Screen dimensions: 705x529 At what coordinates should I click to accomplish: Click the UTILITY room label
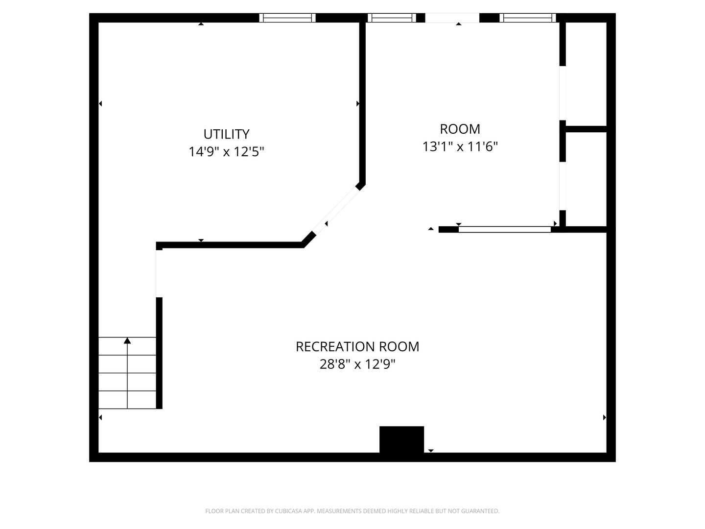226,134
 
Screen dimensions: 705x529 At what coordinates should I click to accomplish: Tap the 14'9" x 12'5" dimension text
226,152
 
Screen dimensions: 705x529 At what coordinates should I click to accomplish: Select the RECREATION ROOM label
357,347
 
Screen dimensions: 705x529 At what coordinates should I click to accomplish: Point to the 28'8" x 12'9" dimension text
357,364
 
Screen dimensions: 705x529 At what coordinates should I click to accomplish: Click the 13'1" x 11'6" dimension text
460,146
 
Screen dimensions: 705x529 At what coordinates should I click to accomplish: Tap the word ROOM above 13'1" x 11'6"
460,129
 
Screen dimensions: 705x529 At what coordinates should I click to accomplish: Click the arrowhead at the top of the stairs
127,340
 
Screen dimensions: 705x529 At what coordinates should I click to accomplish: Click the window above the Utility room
287,18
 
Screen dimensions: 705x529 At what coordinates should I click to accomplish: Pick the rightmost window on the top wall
527,18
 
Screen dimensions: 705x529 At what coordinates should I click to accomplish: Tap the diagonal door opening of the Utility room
335,211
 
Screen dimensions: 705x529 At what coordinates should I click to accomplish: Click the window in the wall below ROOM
504,229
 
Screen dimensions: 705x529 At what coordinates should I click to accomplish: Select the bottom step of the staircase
127,400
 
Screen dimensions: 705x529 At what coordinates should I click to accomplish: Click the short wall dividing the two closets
586,129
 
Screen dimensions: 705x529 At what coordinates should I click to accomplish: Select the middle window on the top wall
392,18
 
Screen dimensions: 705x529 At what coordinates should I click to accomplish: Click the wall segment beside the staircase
159,353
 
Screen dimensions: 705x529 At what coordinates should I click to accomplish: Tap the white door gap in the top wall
452,18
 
